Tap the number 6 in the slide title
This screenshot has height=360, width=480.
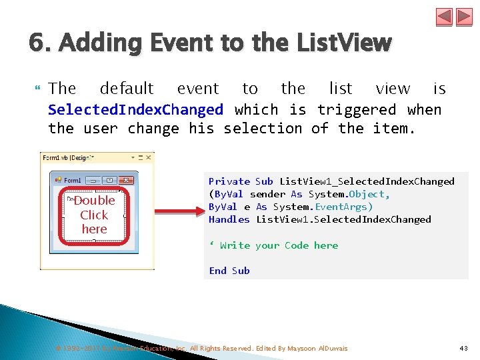pyautogui.click(x=37, y=45)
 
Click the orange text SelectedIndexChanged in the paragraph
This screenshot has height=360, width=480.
pyautogui.click(x=136, y=109)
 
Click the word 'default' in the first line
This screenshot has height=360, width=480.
pyautogui.click(x=127, y=89)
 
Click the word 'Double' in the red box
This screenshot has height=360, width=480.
pyautogui.click(x=94, y=201)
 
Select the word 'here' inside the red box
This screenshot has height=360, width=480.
pyautogui.click(x=94, y=229)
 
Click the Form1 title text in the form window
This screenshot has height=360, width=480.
pyautogui.click(x=72, y=180)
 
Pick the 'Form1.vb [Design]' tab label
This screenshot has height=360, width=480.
pyautogui.click(x=67, y=158)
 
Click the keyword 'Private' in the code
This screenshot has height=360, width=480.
pyautogui.click(x=229, y=181)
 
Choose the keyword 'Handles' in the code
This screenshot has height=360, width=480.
pyautogui.click(x=229, y=219)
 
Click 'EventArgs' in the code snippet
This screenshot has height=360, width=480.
pyautogui.click(x=340, y=207)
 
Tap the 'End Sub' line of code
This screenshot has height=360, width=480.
pyautogui.click(x=229, y=271)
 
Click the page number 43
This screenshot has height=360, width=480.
pyautogui.click(x=464, y=348)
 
